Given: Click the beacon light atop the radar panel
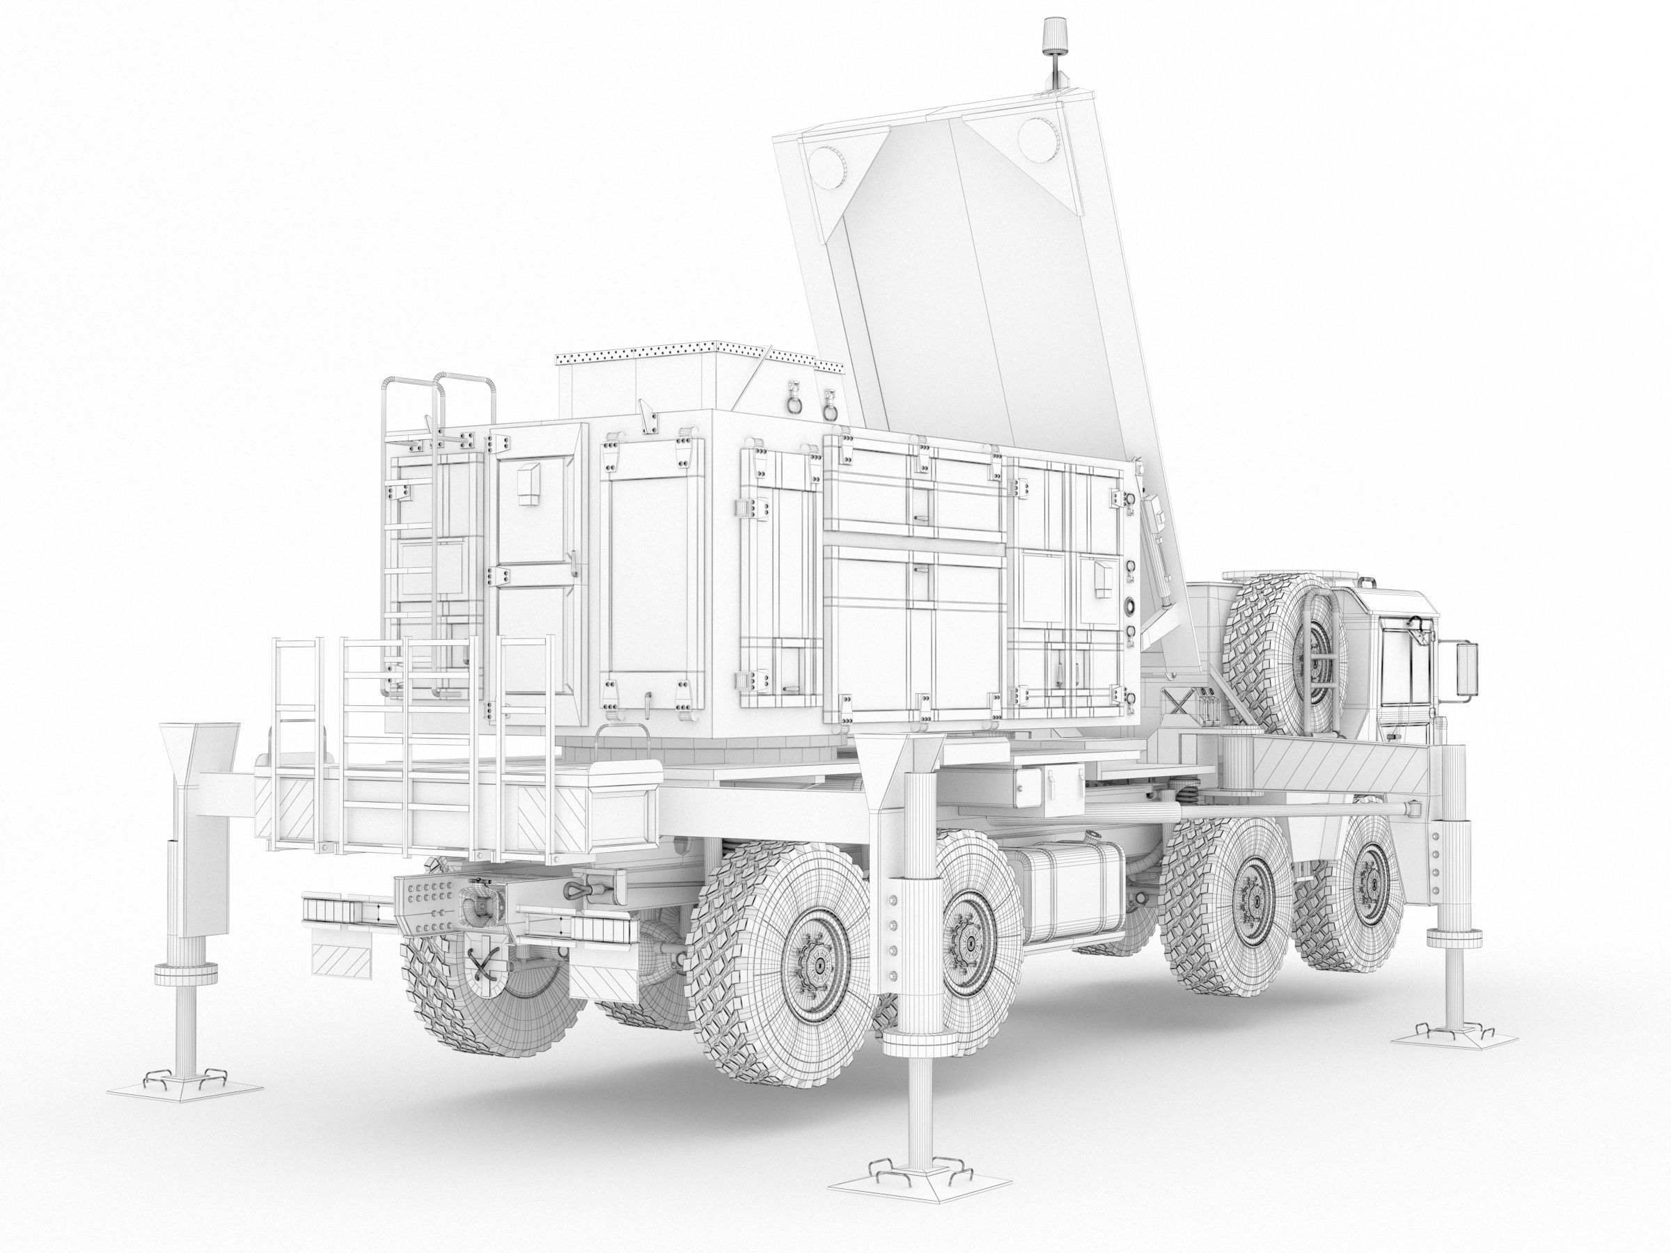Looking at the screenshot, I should click(x=1052, y=33).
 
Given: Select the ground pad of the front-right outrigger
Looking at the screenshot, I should click(x=1442, y=1040).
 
